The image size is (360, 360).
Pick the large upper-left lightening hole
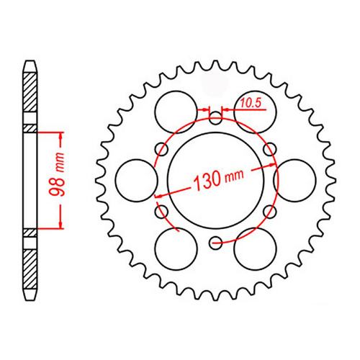point(175,110)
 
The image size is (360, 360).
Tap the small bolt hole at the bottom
point(215,243)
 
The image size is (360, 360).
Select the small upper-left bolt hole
point(160,149)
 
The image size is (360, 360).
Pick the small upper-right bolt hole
point(271,149)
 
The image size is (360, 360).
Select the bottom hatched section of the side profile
point(30,266)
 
